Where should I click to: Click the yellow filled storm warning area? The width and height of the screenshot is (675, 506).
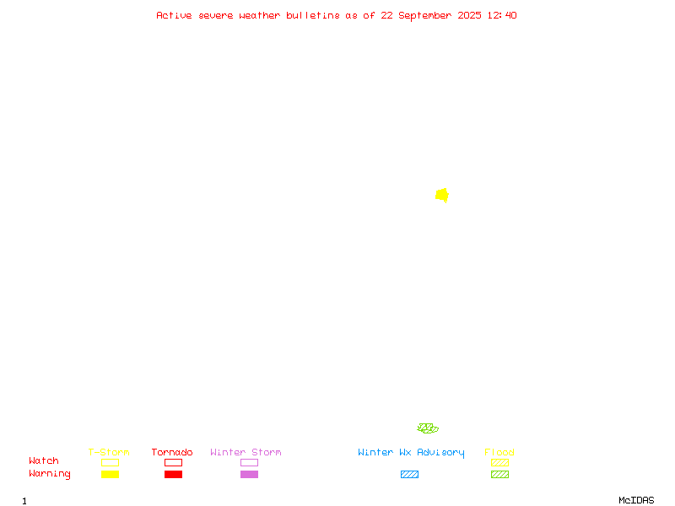point(442,196)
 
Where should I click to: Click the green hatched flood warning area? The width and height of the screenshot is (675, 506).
point(428,428)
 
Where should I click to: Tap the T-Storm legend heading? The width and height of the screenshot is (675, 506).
point(109,452)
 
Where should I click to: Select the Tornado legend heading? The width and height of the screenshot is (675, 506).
point(172,452)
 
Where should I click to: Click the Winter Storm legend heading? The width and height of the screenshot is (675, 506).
point(246,452)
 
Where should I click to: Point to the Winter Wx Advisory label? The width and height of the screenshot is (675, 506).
point(411,453)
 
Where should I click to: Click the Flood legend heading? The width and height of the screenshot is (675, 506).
point(499,452)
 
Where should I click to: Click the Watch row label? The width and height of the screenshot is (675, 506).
point(44,460)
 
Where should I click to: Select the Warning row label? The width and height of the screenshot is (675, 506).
point(50,474)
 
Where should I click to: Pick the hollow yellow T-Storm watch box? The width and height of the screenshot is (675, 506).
point(111,462)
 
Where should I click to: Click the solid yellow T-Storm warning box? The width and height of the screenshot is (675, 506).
point(111,474)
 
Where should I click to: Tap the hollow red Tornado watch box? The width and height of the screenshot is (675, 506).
point(174,462)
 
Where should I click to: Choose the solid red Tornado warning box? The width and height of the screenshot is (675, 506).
point(174,474)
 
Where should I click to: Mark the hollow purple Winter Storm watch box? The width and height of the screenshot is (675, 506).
point(249,462)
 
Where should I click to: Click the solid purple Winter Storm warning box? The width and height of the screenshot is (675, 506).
point(249,474)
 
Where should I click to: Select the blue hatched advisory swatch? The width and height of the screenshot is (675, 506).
point(409,474)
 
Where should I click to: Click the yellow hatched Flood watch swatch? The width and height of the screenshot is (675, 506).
point(499,462)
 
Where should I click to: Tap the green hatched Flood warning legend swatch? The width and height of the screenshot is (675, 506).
point(499,474)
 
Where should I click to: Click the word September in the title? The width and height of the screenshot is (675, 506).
point(425,16)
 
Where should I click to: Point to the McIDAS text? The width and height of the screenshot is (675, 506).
point(636,500)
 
